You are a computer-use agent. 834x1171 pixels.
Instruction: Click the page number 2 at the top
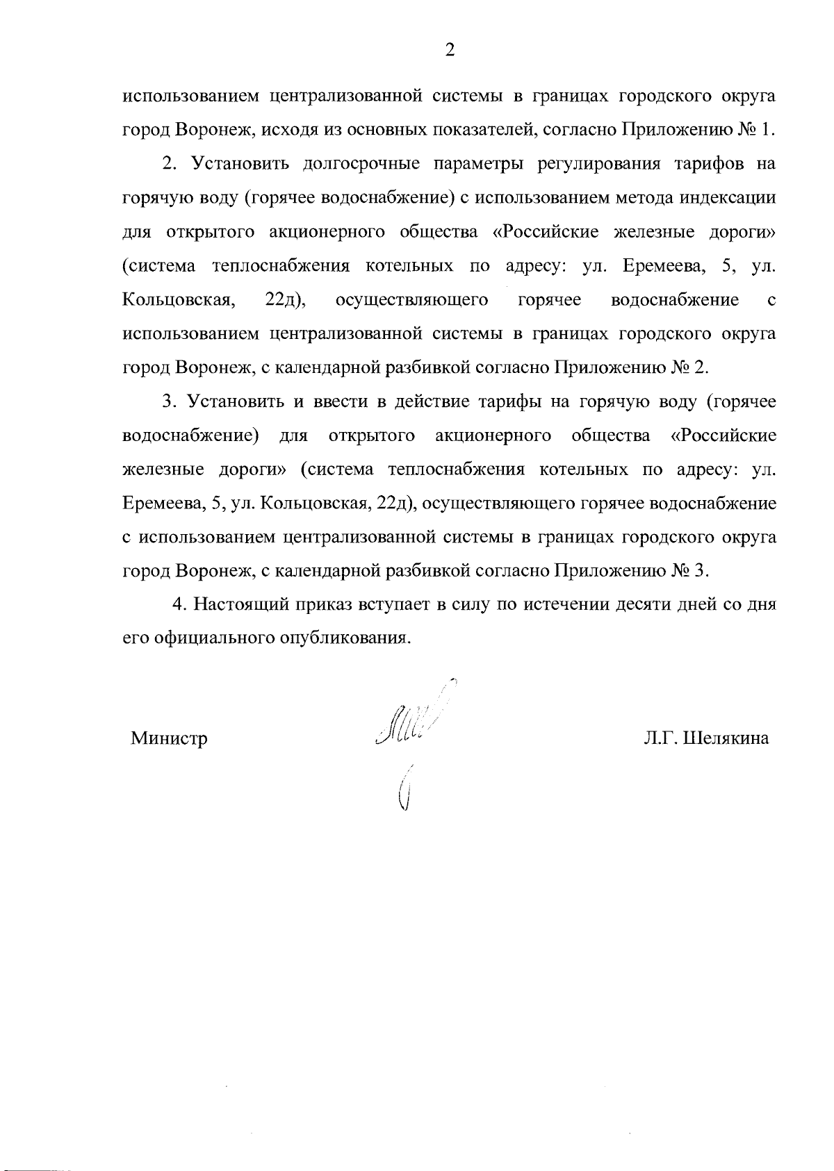(x=450, y=50)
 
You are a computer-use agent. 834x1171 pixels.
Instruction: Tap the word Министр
(x=170, y=738)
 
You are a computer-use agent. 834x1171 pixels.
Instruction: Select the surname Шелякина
(x=727, y=738)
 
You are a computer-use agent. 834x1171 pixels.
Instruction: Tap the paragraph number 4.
(x=179, y=604)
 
